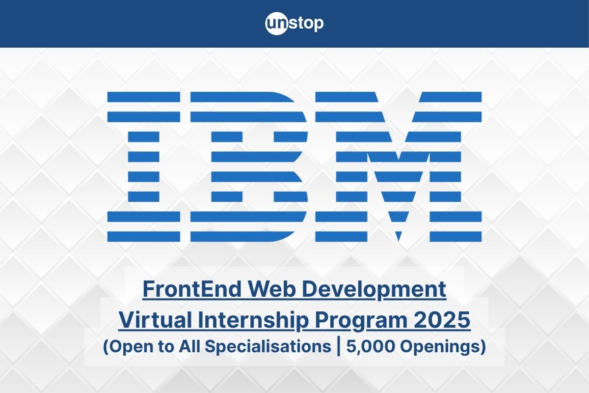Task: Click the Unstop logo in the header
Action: click(x=294, y=24)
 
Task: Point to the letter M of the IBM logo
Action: click(x=398, y=167)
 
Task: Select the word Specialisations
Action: click(x=268, y=347)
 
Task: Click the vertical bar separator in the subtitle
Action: click(x=339, y=347)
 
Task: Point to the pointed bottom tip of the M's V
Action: click(x=398, y=240)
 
